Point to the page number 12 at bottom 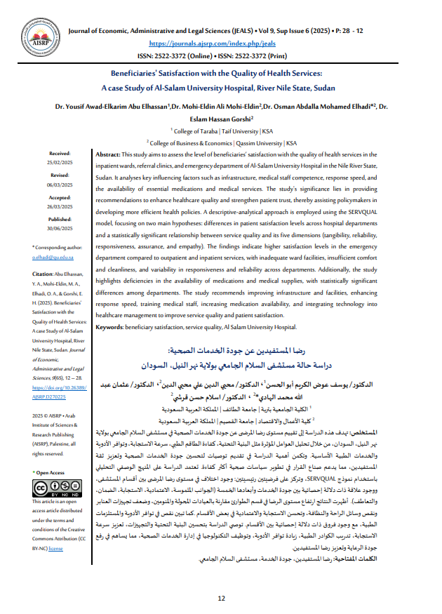(x=221, y=599)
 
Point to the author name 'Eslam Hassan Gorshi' (x=220, y=119)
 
